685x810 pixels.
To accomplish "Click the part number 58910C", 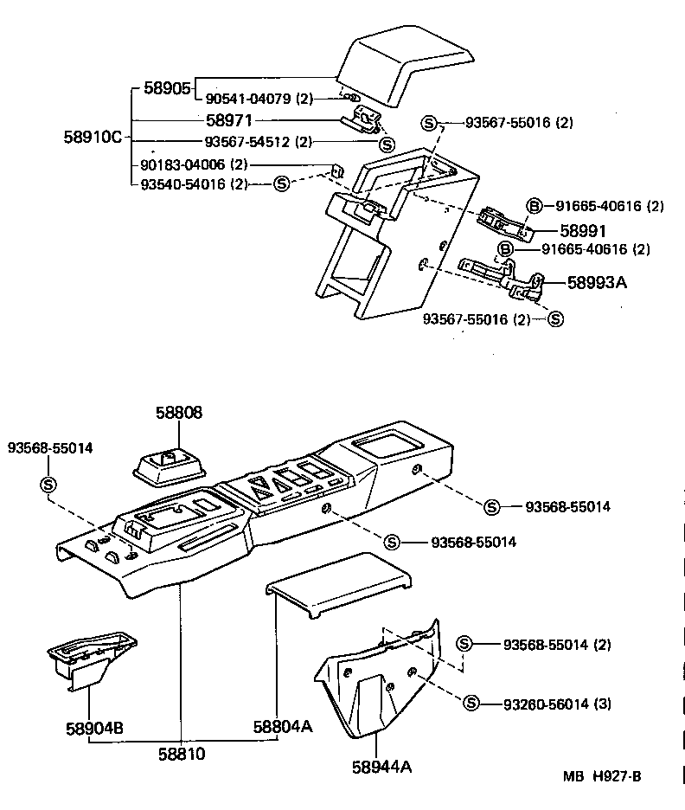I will [93, 136].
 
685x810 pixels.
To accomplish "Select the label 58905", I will [167, 87].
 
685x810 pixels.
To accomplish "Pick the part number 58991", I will [582, 231].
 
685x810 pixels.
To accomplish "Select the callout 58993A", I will [597, 282].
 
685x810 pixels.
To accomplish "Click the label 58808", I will [179, 413].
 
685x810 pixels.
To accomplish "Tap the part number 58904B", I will [93, 727].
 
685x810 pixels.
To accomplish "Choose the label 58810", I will [182, 754].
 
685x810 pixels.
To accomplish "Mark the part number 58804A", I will [282, 727].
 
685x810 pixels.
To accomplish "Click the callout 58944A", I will [381, 766].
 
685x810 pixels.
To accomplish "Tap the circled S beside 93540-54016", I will [281, 183].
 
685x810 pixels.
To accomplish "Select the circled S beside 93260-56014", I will [471, 703].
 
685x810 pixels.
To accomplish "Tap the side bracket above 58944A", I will [381, 675].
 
